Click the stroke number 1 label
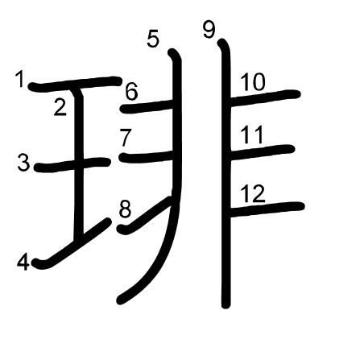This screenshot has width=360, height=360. coord(20,79)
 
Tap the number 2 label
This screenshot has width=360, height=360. coord(60,107)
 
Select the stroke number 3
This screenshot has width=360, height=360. coord(24,163)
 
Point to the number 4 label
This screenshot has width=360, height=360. coord(23,263)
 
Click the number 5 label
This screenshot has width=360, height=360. coord(153,39)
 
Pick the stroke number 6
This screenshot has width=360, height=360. coord(131,92)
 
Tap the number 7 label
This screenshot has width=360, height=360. coord(126,138)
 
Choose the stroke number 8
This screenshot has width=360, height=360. coord(125,209)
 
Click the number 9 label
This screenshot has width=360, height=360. coord(209,30)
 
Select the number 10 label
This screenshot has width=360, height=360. coord(253,82)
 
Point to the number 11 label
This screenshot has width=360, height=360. coord(251,135)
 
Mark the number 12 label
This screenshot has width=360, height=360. coord(253,193)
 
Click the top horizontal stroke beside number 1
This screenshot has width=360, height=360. coord(75,84)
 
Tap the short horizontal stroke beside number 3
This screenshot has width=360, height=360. coord(72,164)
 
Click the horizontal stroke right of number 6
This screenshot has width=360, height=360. coord(147,106)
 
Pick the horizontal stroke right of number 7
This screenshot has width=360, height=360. coord(147,156)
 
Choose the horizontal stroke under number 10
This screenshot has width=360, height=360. coord(265,97)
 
